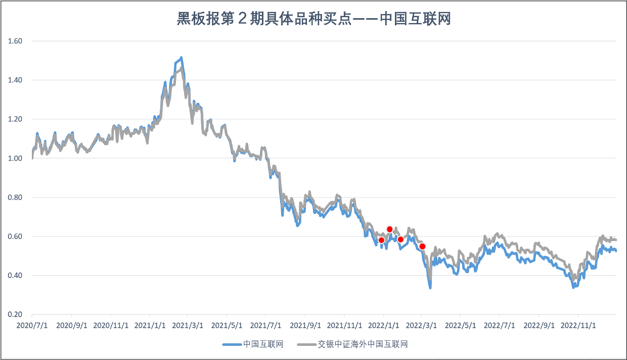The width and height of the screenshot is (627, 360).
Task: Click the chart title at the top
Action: (313, 19)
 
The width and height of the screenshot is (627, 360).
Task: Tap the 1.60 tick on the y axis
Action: (15, 41)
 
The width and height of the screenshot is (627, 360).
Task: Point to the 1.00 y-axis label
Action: (15, 158)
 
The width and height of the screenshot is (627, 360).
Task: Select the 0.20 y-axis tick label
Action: (15, 314)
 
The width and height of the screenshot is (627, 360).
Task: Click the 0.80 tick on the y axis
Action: (15, 197)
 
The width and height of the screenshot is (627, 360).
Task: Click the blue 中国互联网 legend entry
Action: (253, 344)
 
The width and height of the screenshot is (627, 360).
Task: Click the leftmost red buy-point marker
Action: (381, 240)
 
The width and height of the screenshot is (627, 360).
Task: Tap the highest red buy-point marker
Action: (390, 229)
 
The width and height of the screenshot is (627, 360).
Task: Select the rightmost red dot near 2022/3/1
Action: (423, 246)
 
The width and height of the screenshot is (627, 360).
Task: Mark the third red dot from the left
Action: (400, 239)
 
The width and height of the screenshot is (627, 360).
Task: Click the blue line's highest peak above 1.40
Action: (181, 58)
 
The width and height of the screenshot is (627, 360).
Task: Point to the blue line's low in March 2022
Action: (430, 288)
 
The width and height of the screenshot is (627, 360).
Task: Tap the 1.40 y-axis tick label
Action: (15, 80)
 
